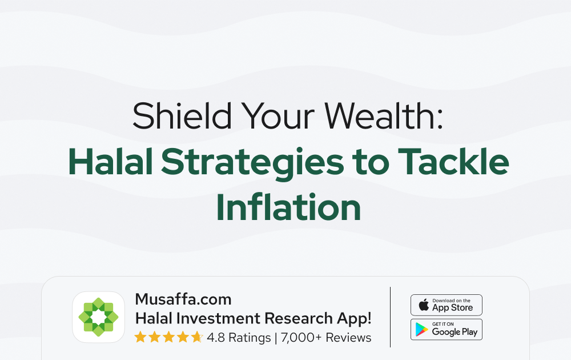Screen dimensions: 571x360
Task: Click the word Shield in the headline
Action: tap(182, 115)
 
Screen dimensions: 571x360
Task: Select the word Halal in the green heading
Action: tap(110, 161)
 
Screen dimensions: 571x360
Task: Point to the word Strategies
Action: tap(252, 164)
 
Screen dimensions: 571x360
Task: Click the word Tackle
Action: tap(453, 161)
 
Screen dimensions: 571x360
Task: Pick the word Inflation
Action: tap(288, 207)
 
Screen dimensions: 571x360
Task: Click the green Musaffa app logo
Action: tap(98, 317)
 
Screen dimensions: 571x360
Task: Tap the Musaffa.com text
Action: tap(183, 299)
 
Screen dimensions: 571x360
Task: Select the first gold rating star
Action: tap(140, 337)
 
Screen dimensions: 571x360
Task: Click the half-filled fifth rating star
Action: tap(197, 337)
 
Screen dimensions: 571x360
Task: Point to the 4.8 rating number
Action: tap(216, 338)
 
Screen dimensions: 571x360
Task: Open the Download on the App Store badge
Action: tap(447, 305)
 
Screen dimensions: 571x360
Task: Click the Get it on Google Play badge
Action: tap(447, 329)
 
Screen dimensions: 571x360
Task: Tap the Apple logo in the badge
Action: tap(424, 305)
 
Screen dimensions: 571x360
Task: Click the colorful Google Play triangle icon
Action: tap(422, 329)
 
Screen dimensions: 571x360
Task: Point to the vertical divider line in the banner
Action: tap(390, 317)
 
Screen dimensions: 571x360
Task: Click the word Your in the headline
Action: tap(278, 115)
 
